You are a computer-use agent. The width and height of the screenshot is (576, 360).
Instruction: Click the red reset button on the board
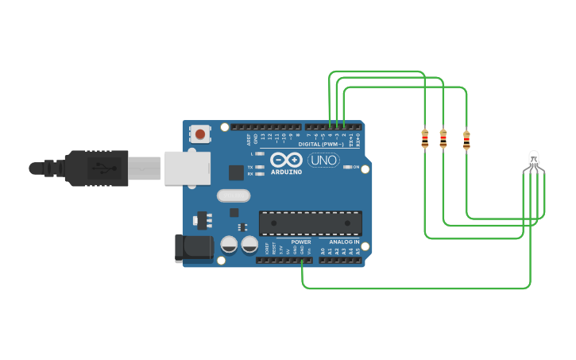[199, 134]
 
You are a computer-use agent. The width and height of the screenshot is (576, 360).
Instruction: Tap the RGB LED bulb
[534, 159]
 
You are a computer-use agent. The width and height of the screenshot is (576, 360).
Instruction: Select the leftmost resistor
[425, 139]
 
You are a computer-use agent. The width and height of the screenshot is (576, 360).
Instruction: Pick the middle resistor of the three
[443, 139]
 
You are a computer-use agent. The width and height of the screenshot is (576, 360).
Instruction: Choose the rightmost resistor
[466, 140]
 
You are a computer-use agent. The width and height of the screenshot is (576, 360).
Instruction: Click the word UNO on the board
[323, 161]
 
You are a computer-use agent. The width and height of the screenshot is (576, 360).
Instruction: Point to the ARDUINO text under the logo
[286, 172]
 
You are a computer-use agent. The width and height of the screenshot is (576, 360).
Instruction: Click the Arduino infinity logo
[286, 160]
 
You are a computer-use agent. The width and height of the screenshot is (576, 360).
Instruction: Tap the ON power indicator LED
[347, 168]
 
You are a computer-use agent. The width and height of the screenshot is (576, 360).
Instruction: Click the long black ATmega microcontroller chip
[311, 223]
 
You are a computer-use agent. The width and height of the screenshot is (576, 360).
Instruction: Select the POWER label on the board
[301, 242]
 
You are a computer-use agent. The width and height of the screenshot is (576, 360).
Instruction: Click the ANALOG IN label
[345, 242]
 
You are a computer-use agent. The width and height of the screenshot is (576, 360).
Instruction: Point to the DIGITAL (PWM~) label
[321, 145]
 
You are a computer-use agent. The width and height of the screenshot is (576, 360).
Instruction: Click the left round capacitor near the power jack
[229, 245]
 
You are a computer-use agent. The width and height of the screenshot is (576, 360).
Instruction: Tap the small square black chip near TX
[236, 172]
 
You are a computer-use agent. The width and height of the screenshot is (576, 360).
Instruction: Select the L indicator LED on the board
[259, 153]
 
